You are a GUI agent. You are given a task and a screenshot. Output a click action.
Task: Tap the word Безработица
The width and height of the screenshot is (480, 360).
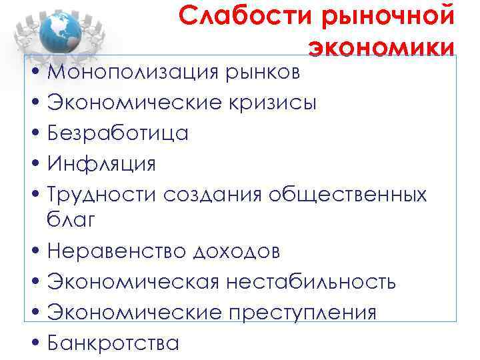coord(118,133)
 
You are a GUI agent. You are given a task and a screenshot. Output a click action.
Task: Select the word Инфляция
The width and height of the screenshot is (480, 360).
coord(101,163)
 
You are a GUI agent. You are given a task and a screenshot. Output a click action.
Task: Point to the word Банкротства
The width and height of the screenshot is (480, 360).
coord(113,343)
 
